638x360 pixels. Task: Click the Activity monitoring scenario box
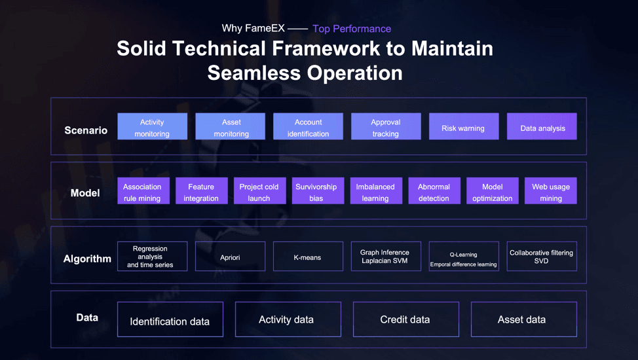(x=152, y=127)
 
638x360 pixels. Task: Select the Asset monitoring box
(x=231, y=127)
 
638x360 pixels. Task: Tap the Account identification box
(x=308, y=127)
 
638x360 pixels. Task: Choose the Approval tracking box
(x=386, y=127)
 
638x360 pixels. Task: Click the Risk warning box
(x=463, y=127)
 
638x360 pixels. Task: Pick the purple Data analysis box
(x=542, y=127)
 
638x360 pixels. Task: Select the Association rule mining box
(x=143, y=191)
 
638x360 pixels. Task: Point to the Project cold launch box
(x=259, y=191)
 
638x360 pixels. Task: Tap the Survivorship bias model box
(x=316, y=191)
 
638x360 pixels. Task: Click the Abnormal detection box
(x=434, y=191)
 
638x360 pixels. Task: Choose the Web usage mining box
(x=550, y=191)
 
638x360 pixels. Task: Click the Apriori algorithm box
(x=230, y=257)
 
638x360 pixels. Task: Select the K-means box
(x=308, y=257)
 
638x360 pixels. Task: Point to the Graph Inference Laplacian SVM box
(x=385, y=257)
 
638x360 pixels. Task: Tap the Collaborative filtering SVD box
(x=541, y=257)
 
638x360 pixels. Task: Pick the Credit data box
(x=405, y=319)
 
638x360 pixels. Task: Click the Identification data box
(x=170, y=320)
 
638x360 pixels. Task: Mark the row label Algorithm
(x=87, y=259)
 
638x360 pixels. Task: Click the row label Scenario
(x=86, y=130)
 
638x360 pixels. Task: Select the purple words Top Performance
(x=352, y=29)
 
